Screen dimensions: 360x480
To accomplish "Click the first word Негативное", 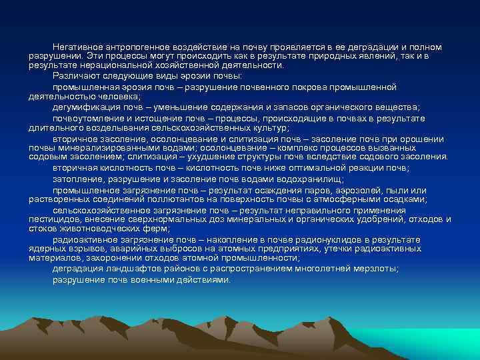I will point(77,47).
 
